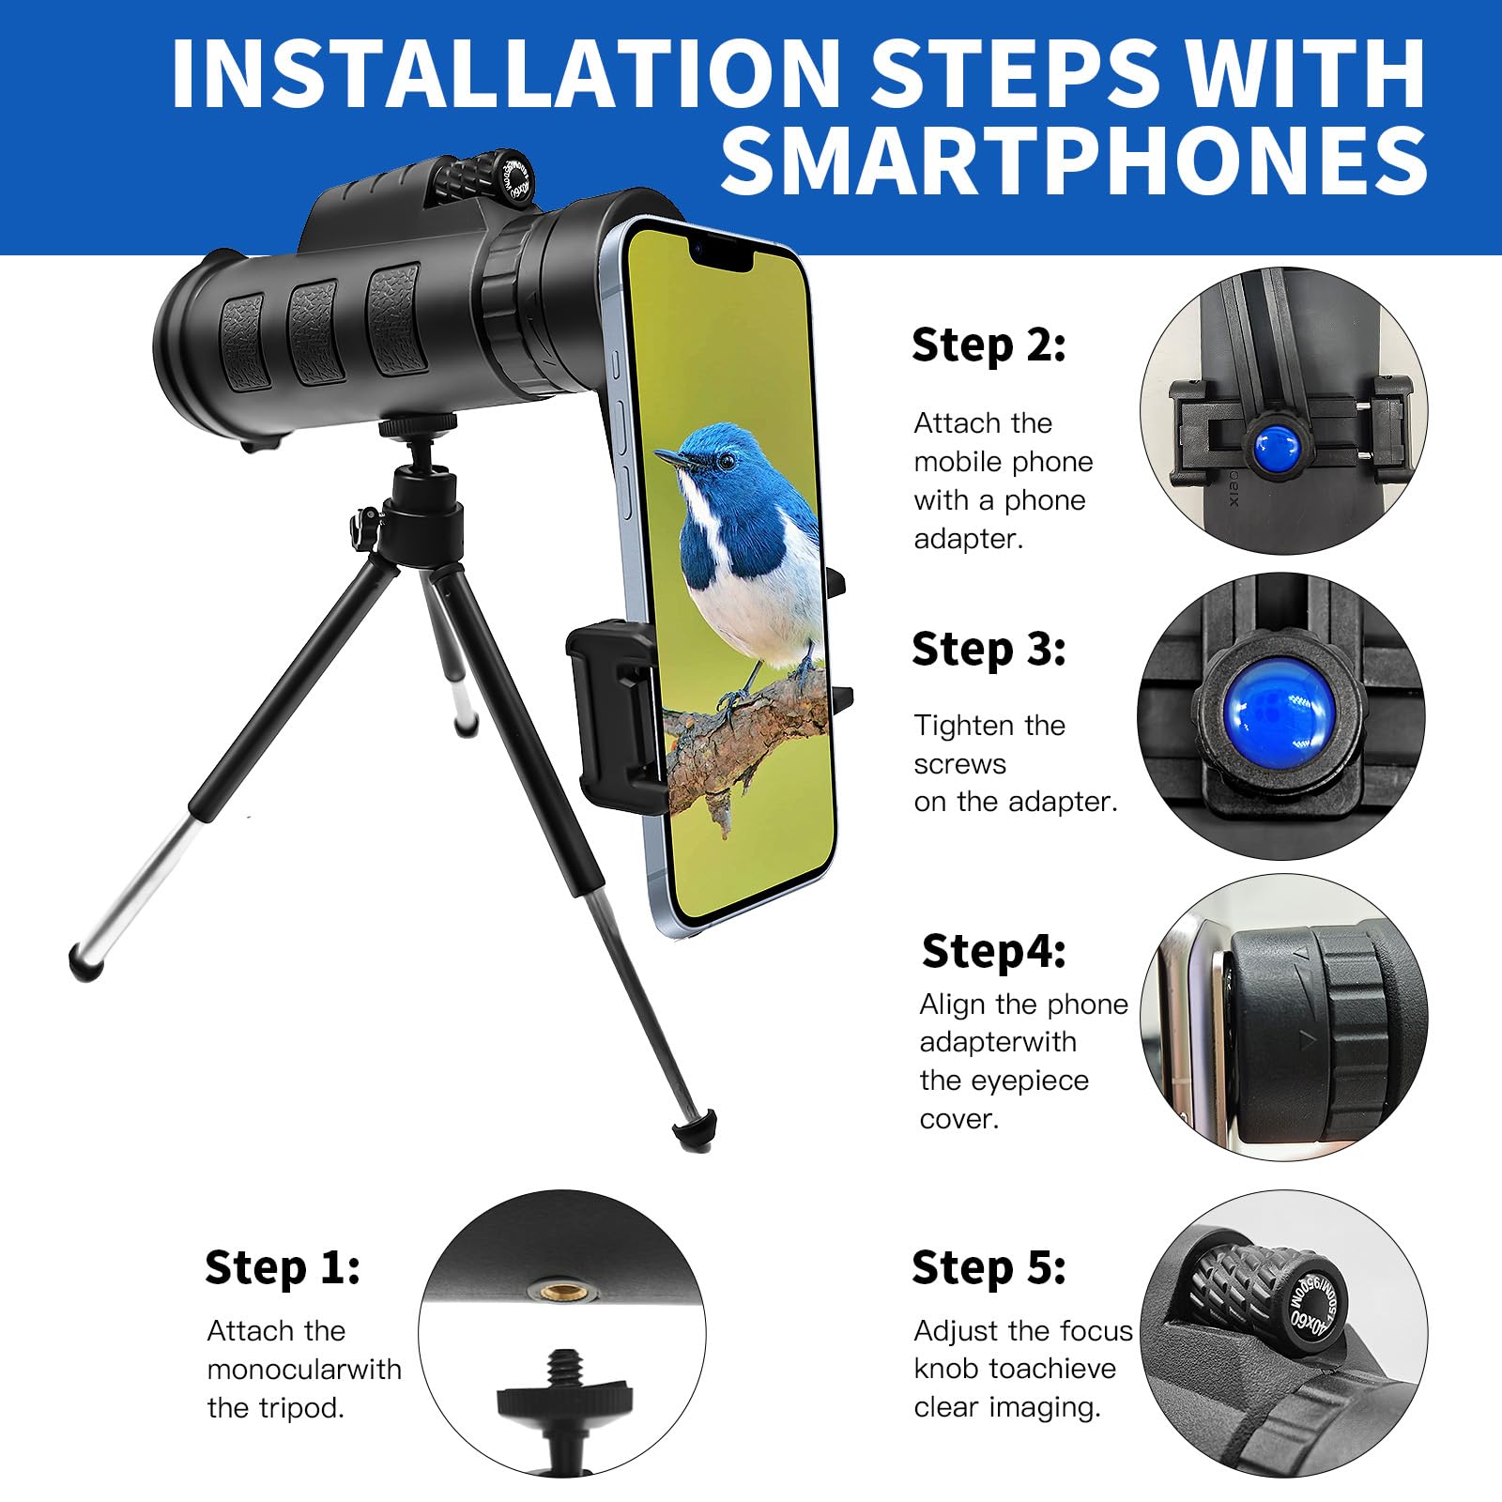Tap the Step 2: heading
pyautogui.click(x=989, y=345)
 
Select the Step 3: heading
pyautogui.click(x=989, y=650)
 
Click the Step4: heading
pyautogui.click(x=993, y=952)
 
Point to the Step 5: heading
pyautogui.click(x=989, y=1268)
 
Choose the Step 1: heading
pyautogui.click(x=283, y=1268)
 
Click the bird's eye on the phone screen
pyautogui.click(x=726, y=461)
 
